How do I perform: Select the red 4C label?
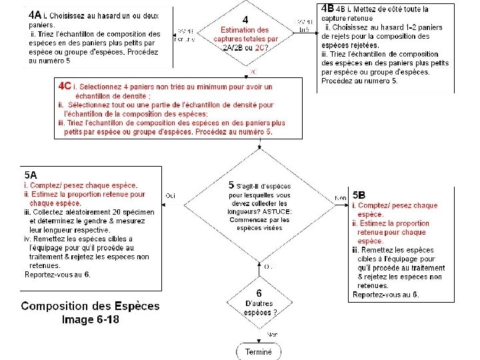point(65,87)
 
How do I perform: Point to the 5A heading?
point(31,174)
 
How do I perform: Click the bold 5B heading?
point(359,195)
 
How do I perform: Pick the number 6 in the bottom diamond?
point(260,293)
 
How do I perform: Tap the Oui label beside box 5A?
point(170,195)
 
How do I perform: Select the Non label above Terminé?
point(272,334)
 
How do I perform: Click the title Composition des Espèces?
point(91,306)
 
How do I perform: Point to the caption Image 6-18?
point(91,319)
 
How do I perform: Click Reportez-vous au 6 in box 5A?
point(57,274)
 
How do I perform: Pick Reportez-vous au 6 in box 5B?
point(385,294)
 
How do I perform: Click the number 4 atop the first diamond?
point(245,19)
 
